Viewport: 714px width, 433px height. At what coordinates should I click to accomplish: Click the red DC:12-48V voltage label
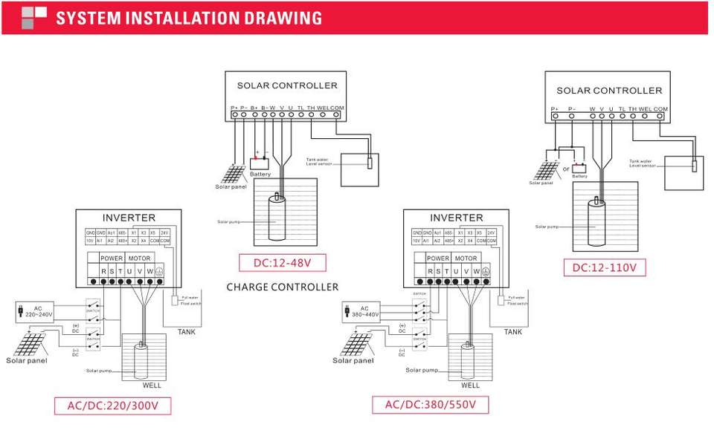[283, 263]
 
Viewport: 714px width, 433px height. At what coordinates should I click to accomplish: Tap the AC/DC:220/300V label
[112, 406]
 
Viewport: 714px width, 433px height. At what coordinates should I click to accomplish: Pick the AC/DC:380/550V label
[431, 406]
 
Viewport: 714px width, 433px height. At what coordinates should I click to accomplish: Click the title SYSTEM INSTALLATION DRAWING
[189, 18]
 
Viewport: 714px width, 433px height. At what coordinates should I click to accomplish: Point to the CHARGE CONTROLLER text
[283, 287]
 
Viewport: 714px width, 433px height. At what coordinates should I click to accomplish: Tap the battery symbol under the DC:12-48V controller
[260, 163]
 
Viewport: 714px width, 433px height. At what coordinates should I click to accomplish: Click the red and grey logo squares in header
[34, 18]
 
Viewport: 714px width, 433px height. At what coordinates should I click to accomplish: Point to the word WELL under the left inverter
[152, 385]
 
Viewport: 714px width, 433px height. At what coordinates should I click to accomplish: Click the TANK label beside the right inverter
[512, 332]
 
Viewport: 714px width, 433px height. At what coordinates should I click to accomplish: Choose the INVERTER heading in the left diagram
[129, 218]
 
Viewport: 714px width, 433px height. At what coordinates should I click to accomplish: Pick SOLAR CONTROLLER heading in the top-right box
[609, 91]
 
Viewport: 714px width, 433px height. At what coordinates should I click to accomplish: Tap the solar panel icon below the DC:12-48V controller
[232, 175]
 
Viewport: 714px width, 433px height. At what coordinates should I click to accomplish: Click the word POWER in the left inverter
[112, 258]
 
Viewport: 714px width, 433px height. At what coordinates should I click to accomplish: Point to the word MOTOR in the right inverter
[466, 258]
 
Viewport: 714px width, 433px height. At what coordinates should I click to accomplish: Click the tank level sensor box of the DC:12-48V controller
[360, 170]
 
